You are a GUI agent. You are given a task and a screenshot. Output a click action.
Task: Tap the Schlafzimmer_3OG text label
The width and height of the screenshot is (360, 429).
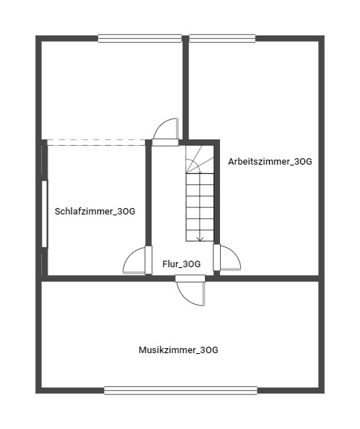tap(95, 212)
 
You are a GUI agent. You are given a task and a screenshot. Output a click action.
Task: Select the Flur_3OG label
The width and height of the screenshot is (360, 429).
tap(181, 264)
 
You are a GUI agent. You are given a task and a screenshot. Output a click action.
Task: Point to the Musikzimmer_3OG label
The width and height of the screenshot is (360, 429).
tap(178, 350)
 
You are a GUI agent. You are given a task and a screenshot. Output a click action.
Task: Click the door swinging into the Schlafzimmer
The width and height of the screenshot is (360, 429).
tap(137, 261)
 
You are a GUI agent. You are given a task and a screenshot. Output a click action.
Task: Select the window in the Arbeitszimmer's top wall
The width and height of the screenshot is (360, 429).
tap(221, 38)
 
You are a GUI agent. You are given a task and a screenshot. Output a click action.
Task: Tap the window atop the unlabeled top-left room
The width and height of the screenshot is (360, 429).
tap(139, 38)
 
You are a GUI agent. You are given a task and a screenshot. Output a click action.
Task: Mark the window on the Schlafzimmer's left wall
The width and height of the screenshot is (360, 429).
tap(45, 214)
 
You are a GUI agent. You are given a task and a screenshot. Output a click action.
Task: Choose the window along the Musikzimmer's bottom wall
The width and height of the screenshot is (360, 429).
tap(180, 391)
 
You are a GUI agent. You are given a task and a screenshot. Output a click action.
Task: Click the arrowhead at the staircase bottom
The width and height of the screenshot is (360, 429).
tap(200, 238)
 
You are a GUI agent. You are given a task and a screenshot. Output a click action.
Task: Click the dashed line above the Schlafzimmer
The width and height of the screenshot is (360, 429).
tap(97, 142)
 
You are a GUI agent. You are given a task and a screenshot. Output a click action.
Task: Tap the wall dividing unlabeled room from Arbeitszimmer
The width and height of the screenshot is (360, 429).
tap(185, 87)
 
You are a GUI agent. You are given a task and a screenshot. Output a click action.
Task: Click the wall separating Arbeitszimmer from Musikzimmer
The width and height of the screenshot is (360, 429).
tap(267, 277)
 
